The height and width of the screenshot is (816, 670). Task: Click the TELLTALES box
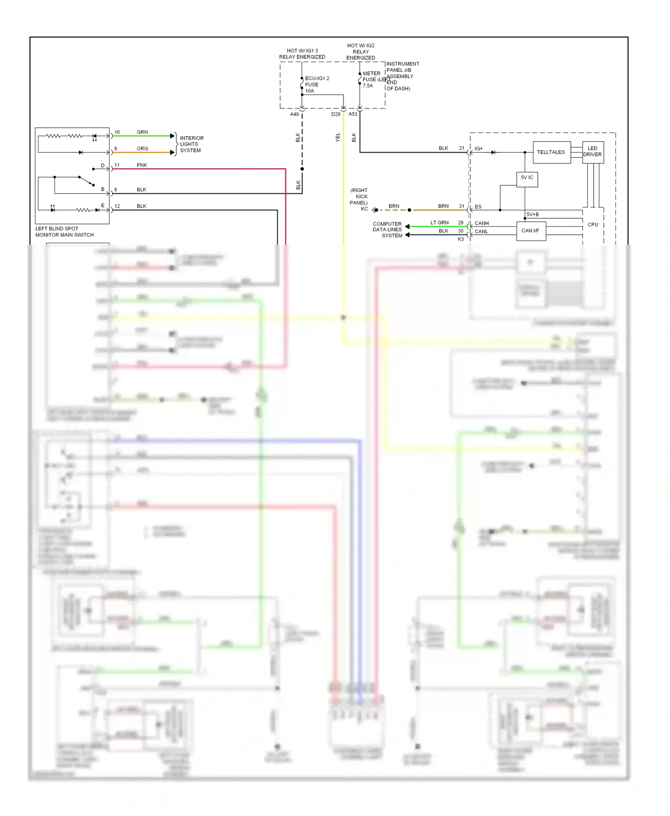click(551, 152)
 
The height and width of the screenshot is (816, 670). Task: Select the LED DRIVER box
click(592, 152)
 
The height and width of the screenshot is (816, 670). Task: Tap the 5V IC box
click(527, 178)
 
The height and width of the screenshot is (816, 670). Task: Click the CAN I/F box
click(531, 231)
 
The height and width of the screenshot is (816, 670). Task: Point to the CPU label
click(593, 225)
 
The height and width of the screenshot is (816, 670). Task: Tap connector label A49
click(294, 114)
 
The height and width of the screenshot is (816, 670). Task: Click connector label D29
click(335, 114)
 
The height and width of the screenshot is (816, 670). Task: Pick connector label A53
click(353, 114)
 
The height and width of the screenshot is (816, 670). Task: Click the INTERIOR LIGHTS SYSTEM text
click(191, 144)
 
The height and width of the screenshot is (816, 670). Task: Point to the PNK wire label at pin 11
click(142, 165)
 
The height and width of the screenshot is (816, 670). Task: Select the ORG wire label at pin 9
click(142, 149)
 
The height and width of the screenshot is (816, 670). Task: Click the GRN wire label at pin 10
click(142, 132)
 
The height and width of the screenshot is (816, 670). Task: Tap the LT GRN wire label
click(440, 222)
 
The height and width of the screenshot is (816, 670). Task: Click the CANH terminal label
click(482, 223)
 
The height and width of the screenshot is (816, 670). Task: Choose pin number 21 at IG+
click(461, 148)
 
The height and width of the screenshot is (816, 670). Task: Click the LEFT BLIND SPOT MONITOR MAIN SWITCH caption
click(64, 232)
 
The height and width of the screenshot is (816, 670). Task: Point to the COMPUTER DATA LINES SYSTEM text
click(387, 229)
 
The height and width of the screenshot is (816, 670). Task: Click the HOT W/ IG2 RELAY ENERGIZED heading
click(360, 52)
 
